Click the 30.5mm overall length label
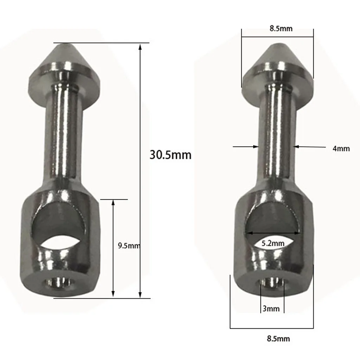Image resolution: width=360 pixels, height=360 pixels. click(x=171, y=155)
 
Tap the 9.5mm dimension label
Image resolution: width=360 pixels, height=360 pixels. click(x=129, y=246)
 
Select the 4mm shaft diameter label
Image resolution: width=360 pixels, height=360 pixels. click(x=341, y=149)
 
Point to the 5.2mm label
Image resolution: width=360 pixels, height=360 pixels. click(x=273, y=243)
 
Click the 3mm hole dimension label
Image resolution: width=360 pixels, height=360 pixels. click(x=271, y=309)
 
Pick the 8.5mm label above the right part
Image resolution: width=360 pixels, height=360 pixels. click(x=281, y=28)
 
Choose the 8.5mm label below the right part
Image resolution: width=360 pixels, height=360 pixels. click(x=278, y=339)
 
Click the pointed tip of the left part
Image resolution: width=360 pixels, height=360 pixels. click(x=64, y=44)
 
